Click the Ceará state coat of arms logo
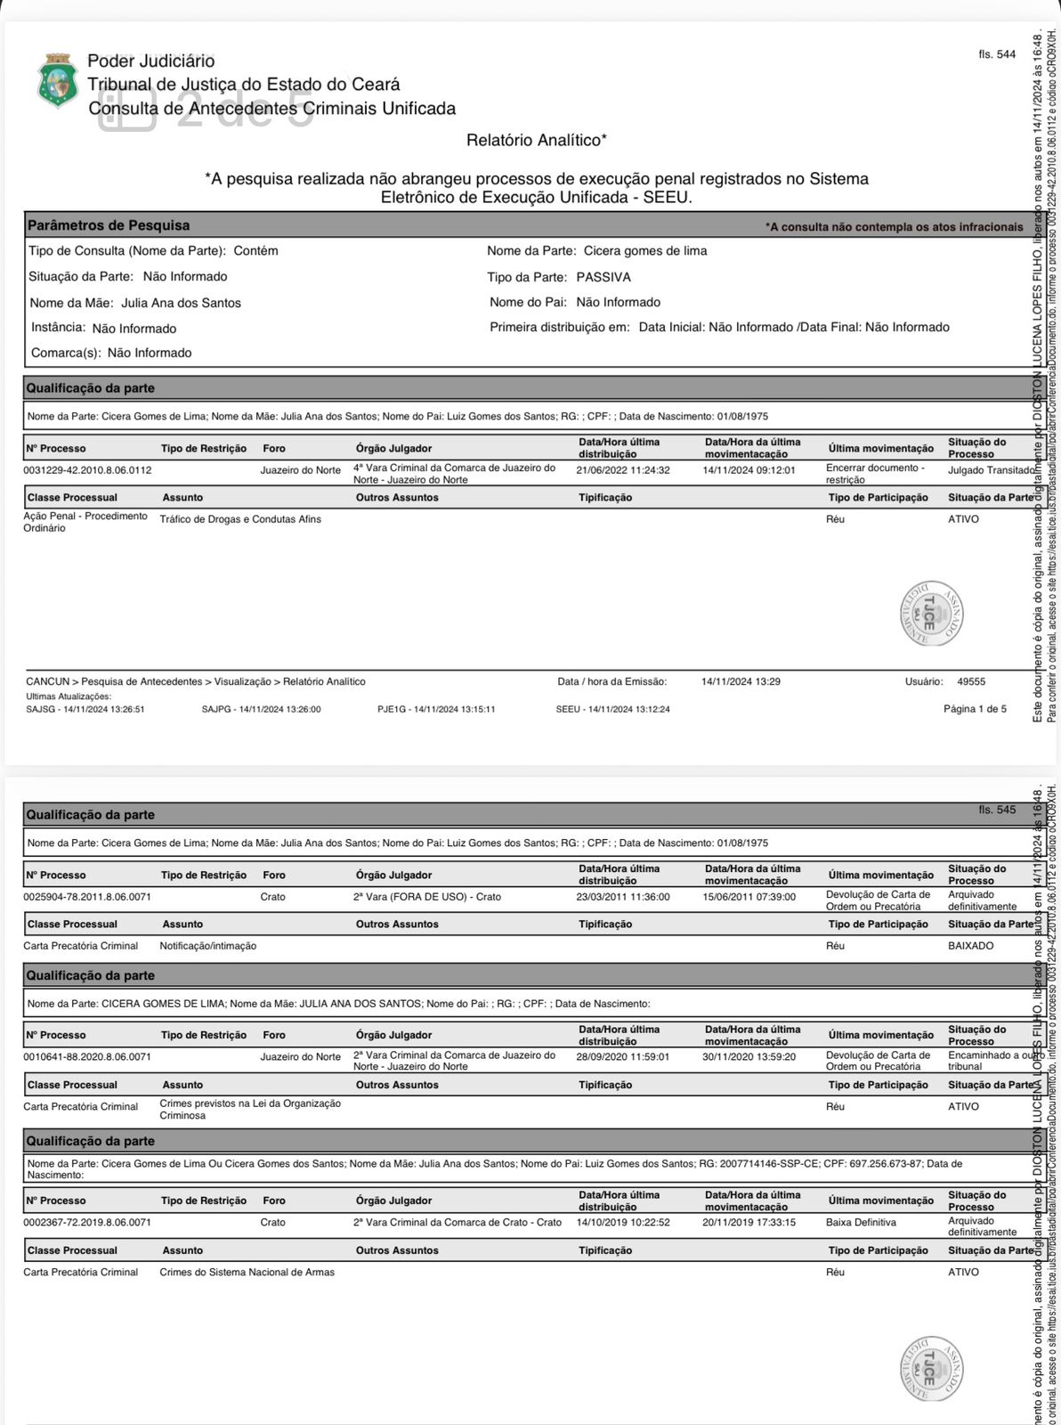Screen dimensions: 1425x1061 (58, 81)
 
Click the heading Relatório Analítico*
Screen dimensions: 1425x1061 (536, 140)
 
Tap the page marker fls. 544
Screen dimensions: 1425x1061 (997, 54)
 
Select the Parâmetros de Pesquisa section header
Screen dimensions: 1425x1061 (109, 225)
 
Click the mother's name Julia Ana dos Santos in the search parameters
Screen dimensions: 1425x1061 (181, 303)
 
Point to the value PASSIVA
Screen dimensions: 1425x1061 (603, 277)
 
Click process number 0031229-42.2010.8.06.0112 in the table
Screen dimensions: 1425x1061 (87, 469)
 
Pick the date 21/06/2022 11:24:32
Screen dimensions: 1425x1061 (623, 469)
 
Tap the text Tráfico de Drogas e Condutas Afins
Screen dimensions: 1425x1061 (240, 519)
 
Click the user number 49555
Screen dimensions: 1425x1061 (971, 681)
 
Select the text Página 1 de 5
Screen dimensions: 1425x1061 (975, 709)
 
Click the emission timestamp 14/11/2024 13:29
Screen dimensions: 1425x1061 (741, 681)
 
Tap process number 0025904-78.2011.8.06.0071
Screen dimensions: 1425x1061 (87, 897)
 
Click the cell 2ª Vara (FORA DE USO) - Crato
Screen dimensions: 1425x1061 (427, 897)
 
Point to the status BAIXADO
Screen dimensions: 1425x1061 (970, 946)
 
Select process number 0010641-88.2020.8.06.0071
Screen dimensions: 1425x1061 (87, 1056)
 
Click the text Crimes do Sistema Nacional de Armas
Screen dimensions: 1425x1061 (247, 1272)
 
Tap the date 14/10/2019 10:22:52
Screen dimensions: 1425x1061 (623, 1222)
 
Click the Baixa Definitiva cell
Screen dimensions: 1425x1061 (861, 1222)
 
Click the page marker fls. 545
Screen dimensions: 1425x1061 (997, 810)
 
